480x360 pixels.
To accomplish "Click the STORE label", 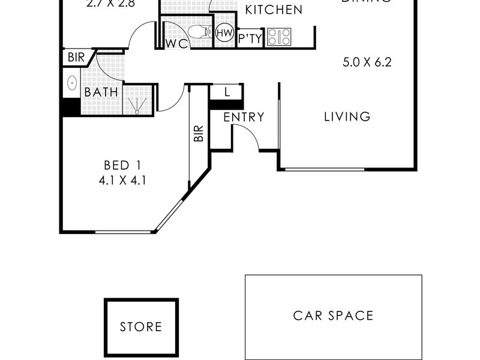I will [x=141, y=327].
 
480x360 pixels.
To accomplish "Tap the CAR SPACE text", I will [x=333, y=316].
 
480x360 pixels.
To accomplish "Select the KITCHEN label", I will [x=274, y=10].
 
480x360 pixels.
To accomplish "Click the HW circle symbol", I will [x=224, y=32].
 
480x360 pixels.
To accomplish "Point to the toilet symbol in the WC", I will [x=198, y=32].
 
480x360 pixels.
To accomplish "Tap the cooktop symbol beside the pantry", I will [x=279, y=37].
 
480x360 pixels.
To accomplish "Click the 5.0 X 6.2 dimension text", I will [x=367, y=62].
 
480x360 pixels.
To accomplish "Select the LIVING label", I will [x=347, y=117].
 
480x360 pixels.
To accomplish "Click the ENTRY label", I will [x=244, y=118].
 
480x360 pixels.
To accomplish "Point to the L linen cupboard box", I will [x=226, y=92].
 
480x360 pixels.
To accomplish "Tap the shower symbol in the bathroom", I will [x=138, y=100].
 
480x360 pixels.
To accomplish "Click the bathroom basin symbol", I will [x=71, y=83].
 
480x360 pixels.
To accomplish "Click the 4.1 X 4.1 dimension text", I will [x=124, y=179].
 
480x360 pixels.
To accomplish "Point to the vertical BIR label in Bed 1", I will [x=199, y=133].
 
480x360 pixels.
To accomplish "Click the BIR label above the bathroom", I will [x=76, y=58].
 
